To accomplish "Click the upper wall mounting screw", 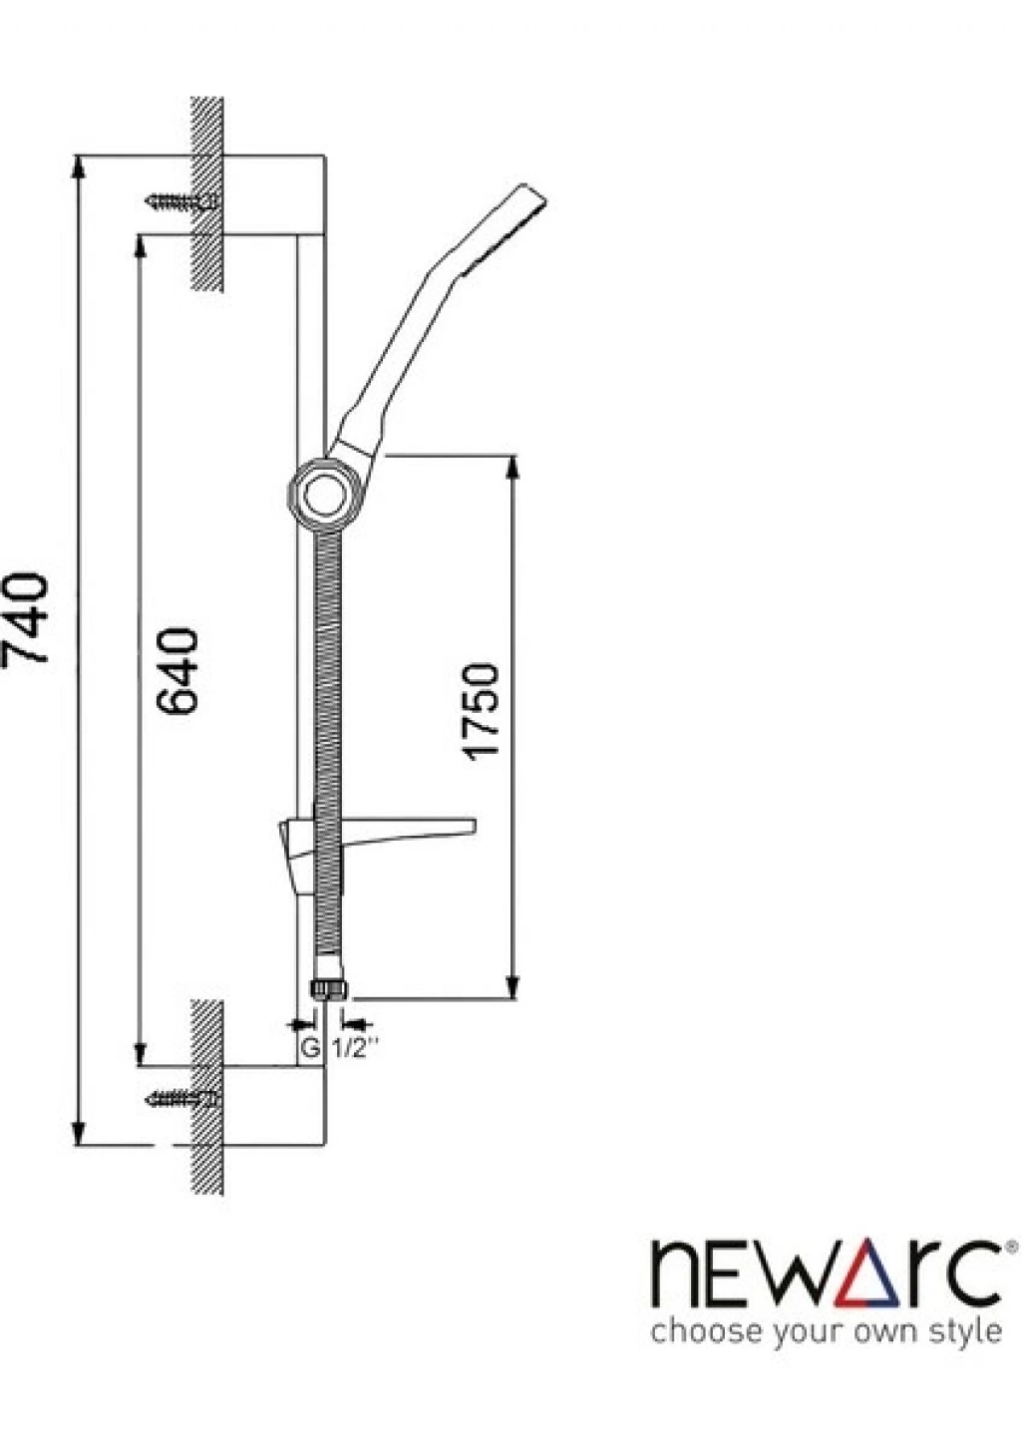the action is click(x=183, y=201).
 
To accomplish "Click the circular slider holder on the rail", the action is click(x=321, y=495).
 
